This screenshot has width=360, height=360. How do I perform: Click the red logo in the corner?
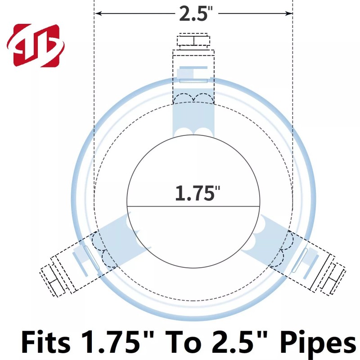(36, 45)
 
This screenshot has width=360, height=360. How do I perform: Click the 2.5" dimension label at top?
(196, 13)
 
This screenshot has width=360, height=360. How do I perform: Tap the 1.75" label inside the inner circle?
(198, 193)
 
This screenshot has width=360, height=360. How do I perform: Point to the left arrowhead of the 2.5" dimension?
(98, 13)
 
